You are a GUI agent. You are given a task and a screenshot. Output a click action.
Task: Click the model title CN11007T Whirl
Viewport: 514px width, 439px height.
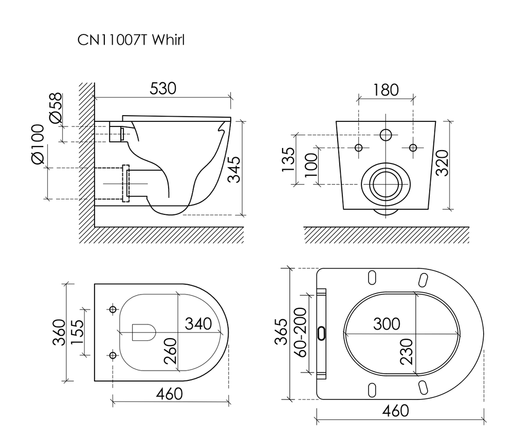point(131,40)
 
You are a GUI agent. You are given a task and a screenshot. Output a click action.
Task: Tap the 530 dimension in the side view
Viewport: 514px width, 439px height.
point(163,88)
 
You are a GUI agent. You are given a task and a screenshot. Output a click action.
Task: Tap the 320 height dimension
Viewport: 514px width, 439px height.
point(443,162)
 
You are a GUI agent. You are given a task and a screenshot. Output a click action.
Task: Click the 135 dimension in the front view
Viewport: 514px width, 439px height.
point(289,160)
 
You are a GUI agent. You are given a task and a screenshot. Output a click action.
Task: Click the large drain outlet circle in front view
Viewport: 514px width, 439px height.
point(385,184)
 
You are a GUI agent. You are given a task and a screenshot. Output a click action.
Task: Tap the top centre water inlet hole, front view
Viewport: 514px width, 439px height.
point(385,135)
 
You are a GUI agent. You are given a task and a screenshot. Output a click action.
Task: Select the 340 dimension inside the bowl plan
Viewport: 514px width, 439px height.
point(198,324)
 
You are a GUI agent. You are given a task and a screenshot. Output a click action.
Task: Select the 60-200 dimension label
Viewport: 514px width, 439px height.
point(300,334)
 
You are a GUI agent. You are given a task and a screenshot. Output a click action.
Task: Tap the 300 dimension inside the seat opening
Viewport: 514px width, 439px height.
point(387,324)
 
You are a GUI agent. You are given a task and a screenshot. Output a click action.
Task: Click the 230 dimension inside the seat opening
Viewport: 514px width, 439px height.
point(407,351)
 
